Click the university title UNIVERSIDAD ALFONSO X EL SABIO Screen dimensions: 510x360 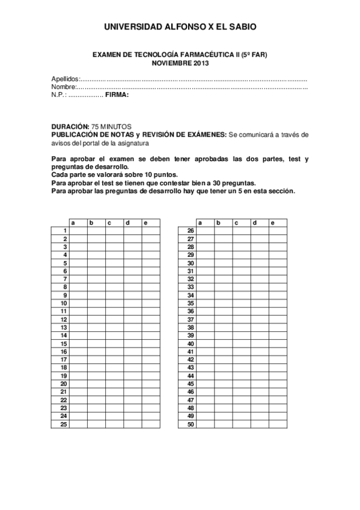[180, 27]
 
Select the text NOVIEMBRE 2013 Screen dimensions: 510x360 [180, 63]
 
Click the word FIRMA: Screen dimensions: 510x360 [117, 94]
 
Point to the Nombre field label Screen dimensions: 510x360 [63, 87]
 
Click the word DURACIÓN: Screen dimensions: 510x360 [70, 127]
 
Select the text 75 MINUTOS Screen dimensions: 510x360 [111, 127]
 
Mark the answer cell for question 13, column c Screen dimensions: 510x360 [114, 327]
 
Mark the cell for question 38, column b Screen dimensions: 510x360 [223, 327]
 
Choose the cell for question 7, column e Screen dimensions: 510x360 [151, 279]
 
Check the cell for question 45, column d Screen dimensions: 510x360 [260, 384]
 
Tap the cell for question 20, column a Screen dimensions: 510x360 [78, 384]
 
